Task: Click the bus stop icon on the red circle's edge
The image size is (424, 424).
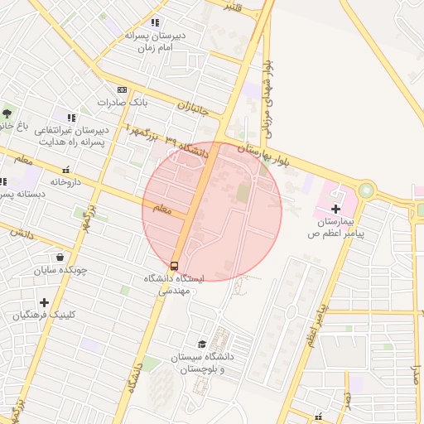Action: pos(175,266)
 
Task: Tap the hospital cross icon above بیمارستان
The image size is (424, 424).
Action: pos(335,209)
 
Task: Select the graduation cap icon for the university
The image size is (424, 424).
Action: pos(202,344)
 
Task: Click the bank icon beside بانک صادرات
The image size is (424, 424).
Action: pos(123,89)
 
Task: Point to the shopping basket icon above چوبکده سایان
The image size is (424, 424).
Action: pos(60,257)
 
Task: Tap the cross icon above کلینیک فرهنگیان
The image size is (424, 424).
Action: pos(43,302)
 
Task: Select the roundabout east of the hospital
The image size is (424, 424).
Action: pos(366,190)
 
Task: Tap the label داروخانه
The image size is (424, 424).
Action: pos(65,181)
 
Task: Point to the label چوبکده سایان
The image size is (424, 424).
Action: pos(60,270)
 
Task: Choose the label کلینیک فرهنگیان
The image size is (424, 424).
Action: pos(43,316)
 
